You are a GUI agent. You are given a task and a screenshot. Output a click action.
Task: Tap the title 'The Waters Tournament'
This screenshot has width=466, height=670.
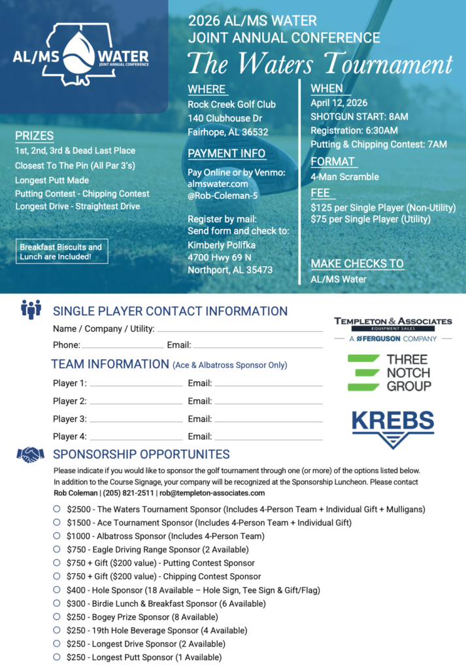(320, 64)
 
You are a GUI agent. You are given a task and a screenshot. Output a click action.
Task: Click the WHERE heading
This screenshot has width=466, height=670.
(207, 89)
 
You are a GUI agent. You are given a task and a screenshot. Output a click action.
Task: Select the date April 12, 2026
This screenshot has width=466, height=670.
(339, 103)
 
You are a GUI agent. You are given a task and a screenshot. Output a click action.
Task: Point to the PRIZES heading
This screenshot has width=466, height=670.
(34, 136)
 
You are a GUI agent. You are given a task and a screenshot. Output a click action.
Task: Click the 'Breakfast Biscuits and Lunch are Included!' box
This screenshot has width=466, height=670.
(61, 252)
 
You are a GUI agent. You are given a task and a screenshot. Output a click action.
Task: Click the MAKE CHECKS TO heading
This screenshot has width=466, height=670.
(357, 264)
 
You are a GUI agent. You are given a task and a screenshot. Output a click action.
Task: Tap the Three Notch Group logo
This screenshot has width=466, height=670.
(390, 373)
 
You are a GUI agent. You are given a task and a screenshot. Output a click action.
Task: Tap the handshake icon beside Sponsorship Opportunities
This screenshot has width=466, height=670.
(31, 454)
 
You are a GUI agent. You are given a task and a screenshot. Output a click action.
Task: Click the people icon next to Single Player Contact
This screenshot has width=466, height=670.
(31, 309)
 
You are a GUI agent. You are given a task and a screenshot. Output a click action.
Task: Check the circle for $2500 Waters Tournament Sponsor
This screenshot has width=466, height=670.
(57, 508)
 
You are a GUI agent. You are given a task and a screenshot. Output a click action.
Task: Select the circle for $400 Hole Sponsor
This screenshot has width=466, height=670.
(57, 590)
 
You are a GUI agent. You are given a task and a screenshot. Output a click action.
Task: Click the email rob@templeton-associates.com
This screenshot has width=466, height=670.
(212, 493)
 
